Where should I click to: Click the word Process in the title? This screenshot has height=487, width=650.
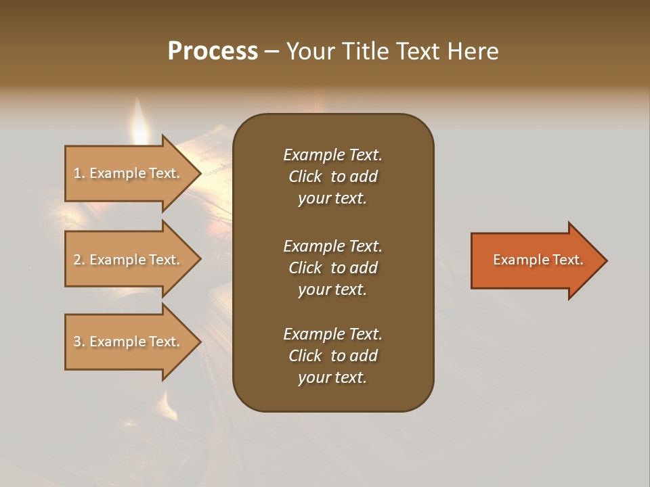tap(213, 51)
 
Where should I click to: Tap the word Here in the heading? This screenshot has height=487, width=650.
tap(473, 51)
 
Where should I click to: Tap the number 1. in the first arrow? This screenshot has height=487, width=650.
tap(79, 173)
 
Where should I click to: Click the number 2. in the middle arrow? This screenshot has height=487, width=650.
tap(79, 260)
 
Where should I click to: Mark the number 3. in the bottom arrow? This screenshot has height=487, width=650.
tap(79, 342)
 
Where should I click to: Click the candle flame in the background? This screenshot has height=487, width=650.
tap(140, 122)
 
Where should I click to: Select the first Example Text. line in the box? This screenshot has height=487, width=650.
tap(332, 155)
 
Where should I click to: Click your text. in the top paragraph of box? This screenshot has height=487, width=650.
tap(332, 199)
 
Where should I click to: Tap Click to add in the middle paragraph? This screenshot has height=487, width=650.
tap(332, 268)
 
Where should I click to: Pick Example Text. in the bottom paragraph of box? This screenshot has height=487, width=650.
tap(332, 334)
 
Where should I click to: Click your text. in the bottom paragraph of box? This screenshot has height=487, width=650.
tap(332, 378)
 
